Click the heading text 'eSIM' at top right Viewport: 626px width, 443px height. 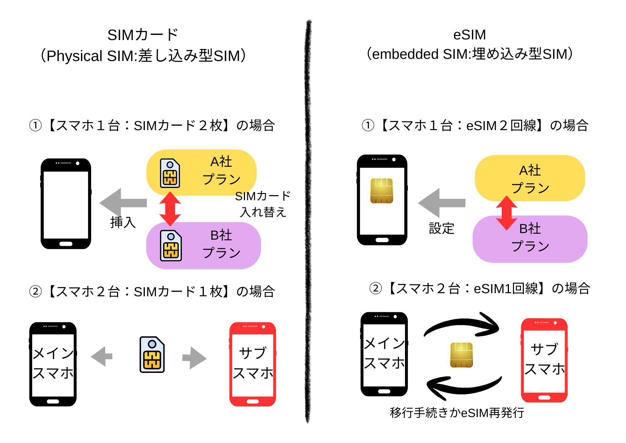[469, 35]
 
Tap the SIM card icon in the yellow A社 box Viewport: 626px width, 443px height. [170, 173]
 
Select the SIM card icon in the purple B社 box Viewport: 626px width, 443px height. [171, 246]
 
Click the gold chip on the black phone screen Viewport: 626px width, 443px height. [381, 191]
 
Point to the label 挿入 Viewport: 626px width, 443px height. [123, 222]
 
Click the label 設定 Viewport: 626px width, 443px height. [441, 228]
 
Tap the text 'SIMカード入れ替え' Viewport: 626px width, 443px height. [263, 204]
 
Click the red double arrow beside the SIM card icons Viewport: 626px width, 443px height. [170, 209]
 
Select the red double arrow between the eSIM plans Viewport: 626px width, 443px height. [506, 213]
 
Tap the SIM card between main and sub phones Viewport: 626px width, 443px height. [152, 354]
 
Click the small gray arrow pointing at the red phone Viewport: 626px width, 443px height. [194, 358]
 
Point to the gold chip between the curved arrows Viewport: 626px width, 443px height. [461, 355]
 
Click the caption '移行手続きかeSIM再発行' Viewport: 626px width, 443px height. [457, 413]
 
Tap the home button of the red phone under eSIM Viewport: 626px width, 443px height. [544, 398]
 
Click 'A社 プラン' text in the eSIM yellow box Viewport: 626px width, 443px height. [530, 179]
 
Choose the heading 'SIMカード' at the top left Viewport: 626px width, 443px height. [143, 35]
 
